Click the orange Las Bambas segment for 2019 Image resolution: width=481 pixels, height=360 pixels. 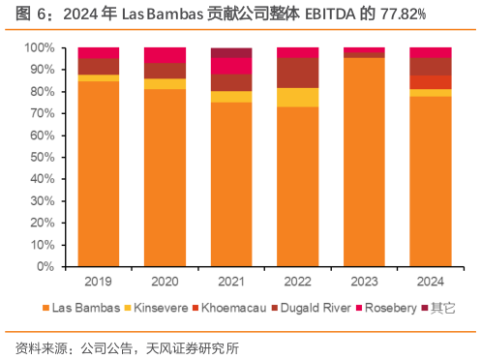[99, 174]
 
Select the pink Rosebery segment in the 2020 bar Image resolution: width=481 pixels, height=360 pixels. [165, 55]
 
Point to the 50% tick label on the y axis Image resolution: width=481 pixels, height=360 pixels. [41, 157]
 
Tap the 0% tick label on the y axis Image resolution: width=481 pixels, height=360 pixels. [45, 266]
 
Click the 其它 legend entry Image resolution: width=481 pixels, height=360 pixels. [441, 308]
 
